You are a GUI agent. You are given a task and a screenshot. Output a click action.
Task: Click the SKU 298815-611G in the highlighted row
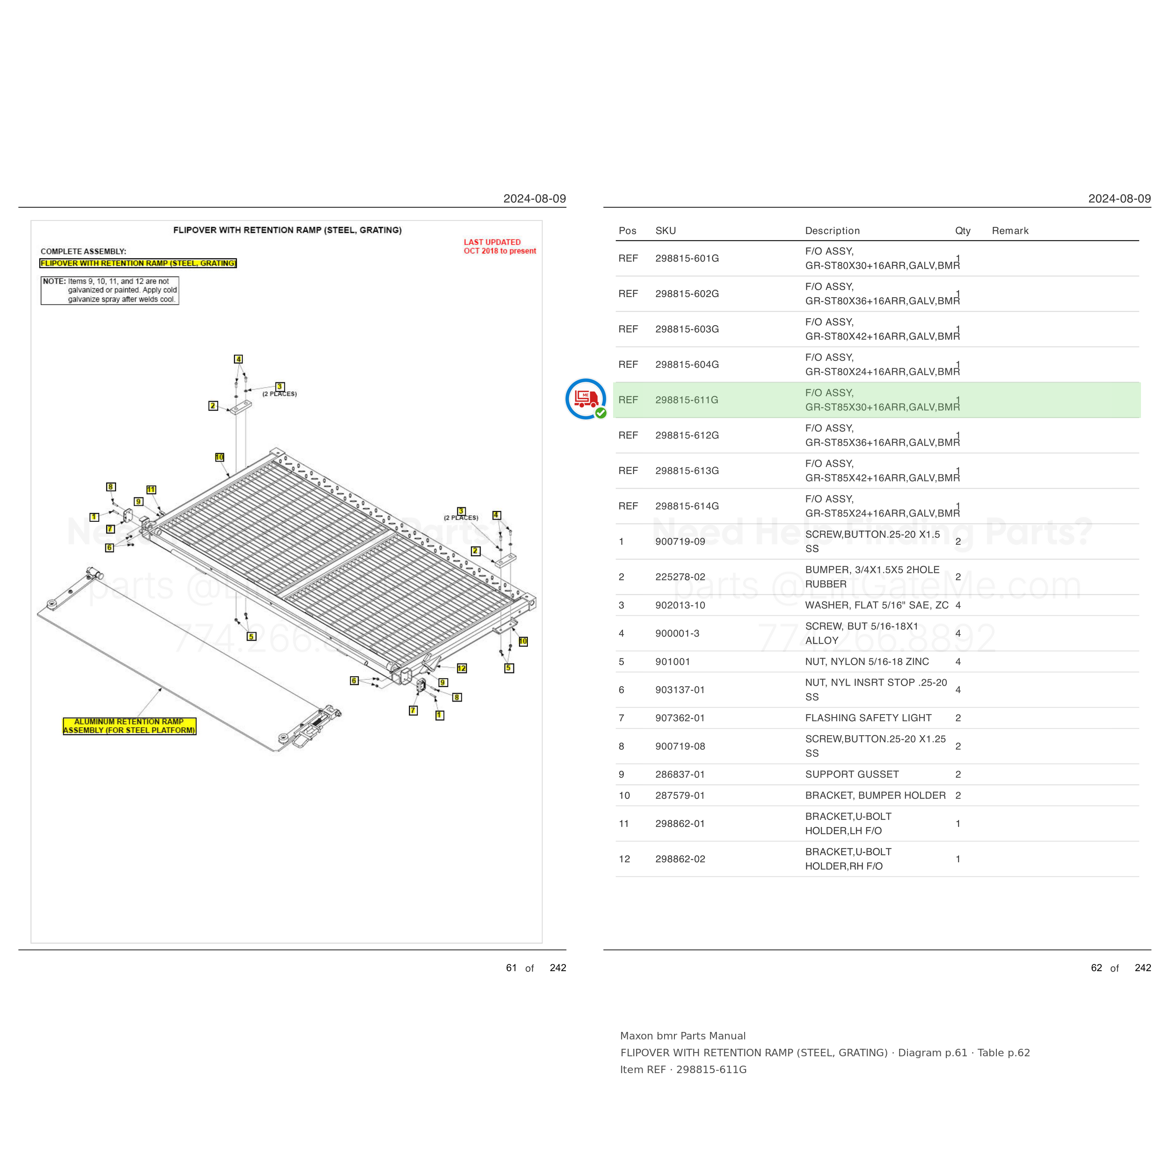tap(686, 400)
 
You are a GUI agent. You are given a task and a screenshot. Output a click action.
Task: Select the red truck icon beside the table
tap(585, 398)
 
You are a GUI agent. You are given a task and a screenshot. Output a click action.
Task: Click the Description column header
tap(832, 231)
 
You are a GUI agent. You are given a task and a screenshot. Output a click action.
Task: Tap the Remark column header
tap(1009, 231)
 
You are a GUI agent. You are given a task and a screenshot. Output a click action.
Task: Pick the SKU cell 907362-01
tap(680, 717)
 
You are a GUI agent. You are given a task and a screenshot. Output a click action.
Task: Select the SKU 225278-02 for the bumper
tap(680, 577)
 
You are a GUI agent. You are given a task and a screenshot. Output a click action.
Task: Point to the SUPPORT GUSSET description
tap(851, 774)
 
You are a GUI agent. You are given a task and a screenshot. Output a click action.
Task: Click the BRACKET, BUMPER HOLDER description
tap(875, 795)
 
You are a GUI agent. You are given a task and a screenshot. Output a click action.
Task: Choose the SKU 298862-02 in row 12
tap(680, 859)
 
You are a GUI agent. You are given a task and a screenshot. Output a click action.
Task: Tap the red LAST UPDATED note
tap(500, 247)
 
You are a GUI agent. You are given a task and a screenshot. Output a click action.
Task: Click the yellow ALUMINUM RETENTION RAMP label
tap(130, 726)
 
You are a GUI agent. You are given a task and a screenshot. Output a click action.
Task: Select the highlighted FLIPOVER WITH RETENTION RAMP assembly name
tap(138, 263)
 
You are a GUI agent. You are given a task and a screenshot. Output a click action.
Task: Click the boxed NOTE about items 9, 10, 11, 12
tap(110, 290)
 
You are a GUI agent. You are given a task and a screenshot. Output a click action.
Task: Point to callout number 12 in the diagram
tap(461, 668)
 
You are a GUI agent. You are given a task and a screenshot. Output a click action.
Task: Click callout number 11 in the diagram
tap(151, 490)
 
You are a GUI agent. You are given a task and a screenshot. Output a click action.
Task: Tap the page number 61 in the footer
tap(511, 968)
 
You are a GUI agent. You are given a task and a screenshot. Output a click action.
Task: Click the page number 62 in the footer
tap(1096, 968)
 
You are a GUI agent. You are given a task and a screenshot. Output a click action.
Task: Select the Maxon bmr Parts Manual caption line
tap(682, 1036)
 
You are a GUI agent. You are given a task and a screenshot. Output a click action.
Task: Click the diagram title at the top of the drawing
tap(288, 230)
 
